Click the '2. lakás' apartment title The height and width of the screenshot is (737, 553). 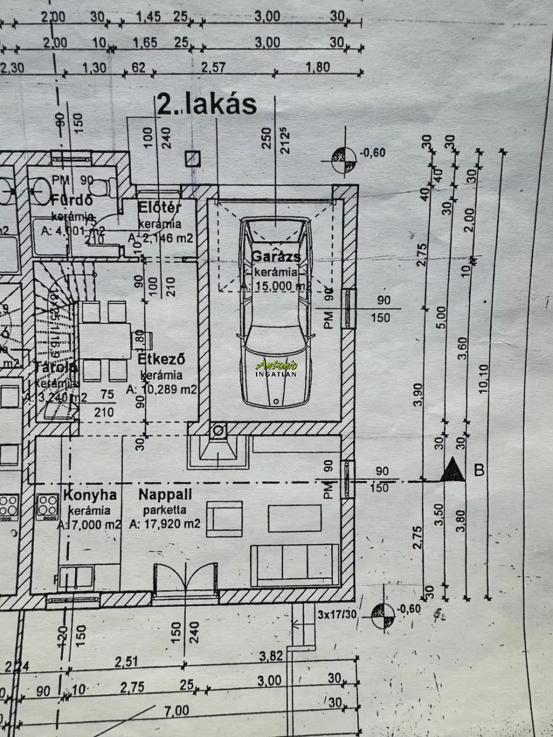coord(207,104)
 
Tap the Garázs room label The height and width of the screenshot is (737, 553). coord(276,257)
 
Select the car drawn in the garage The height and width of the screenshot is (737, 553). coord(275,312)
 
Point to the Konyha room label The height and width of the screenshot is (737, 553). coord(90,494)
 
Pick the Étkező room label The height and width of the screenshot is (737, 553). coord(161,359)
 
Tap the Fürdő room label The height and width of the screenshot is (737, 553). coord(71,200)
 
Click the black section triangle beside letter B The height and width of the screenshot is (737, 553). coord(453,470)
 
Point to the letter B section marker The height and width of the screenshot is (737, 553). coord(479,470)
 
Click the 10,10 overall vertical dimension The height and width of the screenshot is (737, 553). coord(484,379)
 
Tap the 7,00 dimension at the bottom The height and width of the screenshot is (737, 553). coord(176,710)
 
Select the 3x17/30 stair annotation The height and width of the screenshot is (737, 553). coord(337,614)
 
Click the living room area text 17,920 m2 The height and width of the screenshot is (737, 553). coord(165,524)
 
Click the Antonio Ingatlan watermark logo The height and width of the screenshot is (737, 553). coord(277,368)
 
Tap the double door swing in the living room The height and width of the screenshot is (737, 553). coord(184,578)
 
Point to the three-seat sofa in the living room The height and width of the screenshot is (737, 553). coord(295,564)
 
